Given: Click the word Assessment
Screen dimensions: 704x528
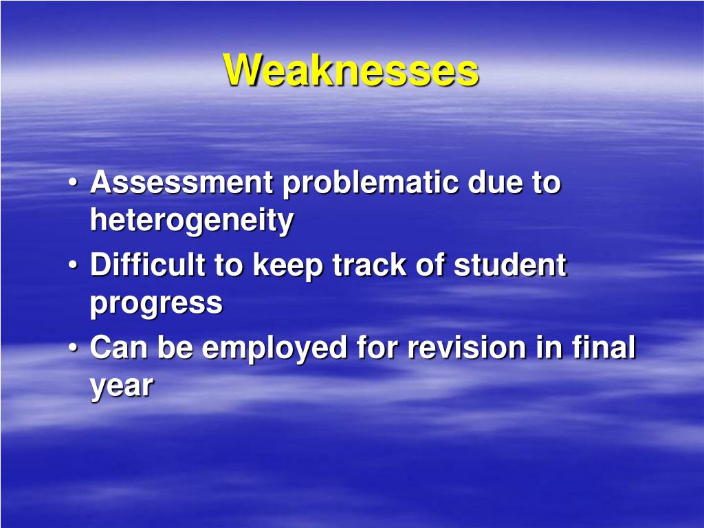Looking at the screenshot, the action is pos(181,181).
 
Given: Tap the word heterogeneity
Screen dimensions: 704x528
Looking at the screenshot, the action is pos(192,221).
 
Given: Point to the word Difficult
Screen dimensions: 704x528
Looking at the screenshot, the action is pos(148,264).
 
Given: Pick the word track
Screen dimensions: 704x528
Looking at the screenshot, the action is pos(369,264).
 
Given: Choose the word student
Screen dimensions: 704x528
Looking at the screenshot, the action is pos(510,264).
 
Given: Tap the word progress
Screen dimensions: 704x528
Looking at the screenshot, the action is pos(156,305).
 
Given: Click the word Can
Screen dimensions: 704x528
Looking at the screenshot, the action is pos(119,347).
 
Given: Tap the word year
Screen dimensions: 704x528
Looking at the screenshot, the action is pos(122,388).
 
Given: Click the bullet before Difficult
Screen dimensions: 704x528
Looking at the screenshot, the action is pos(73,265).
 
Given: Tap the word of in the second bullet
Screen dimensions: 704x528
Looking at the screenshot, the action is pos(430,264).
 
